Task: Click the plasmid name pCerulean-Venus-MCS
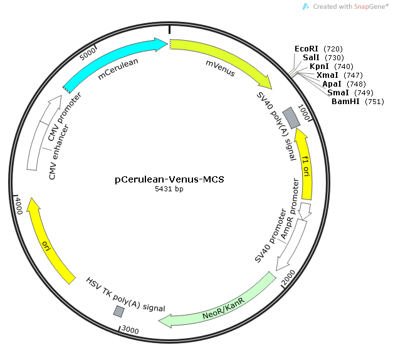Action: (169, 179)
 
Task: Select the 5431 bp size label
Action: (169, 189)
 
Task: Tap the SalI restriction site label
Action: (311, 57)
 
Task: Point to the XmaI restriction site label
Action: (327, 75)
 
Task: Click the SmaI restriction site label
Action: (338, 92)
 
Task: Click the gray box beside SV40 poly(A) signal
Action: (290, 115)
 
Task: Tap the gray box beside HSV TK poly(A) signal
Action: (118, 311)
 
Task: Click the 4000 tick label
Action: (18, 205)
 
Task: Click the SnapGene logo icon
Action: (306, 6)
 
